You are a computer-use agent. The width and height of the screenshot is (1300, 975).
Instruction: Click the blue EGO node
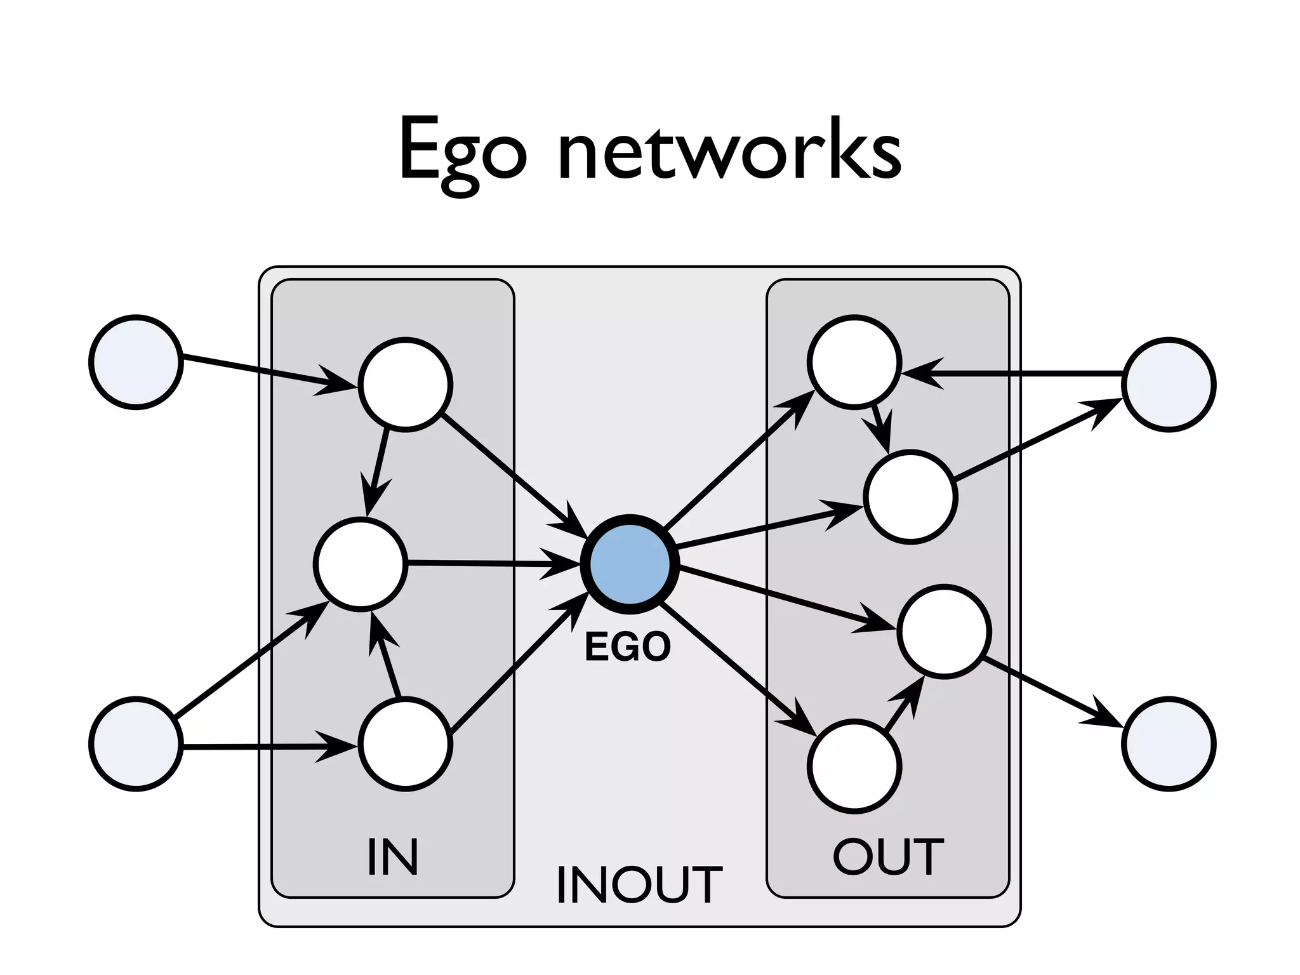pyautogui.click(x=630, y=564)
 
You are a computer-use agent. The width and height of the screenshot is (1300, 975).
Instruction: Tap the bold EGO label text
pyautogui.click(x=627, y=647)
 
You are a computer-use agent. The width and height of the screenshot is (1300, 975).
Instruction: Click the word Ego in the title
pyautogui.click(x=462, y=152)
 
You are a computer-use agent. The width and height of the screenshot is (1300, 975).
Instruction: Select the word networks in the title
pyautogui.click(x=730, y=152)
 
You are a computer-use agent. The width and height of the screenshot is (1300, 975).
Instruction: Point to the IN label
pyautogui.click(x=393, y=857)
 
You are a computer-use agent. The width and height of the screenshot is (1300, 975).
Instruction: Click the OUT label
pyautogui.click(x=887, y=857)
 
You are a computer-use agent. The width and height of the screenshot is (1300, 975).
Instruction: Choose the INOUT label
pyautogui.click(x=639, y=885)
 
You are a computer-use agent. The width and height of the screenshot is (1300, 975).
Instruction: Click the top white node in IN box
pyautogui.click(x=406, y=385)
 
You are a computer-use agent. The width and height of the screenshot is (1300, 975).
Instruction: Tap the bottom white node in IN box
pyautogui.click(x=406, y=743)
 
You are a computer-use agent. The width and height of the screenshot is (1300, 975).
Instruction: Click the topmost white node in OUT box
pyautogui.click(x=854, y=362)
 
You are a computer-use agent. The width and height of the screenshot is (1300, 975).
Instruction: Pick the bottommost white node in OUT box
pyautogui.click(x=854, y=766)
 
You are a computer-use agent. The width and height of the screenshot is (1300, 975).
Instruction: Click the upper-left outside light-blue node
pyautogui.click(x=136, y=362)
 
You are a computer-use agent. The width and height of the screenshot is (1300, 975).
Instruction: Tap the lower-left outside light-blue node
pyautogui.click(x=136, y=743)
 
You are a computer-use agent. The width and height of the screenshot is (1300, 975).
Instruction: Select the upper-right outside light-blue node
pyautogui.click(x=1169, y=385)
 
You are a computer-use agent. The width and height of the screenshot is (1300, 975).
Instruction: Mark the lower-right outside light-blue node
pyautogui.click(x=1169, y=743)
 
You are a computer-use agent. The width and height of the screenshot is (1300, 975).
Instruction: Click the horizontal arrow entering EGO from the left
pyautogui.click(x=489, y=563)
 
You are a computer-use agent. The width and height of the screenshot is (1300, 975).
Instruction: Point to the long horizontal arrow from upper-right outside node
pyautogui.click(x=1016, y=375)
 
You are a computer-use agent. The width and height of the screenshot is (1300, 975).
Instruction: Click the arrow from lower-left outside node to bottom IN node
pyautogui.click(x=267, y=746)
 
